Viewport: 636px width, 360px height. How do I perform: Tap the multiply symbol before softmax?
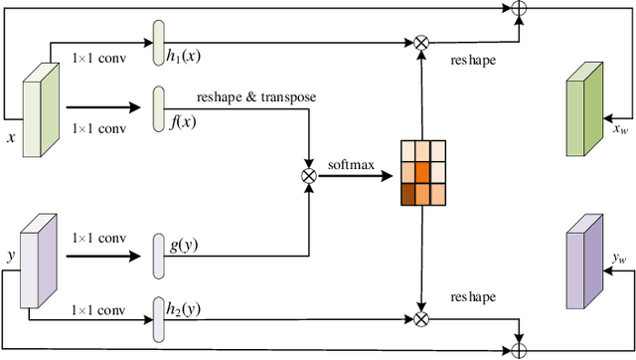click(x=308, y=176)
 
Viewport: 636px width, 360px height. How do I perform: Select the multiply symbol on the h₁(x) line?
click(x=420, y=42)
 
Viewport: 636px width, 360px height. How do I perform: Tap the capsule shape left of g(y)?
click(x=158, y=258)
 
